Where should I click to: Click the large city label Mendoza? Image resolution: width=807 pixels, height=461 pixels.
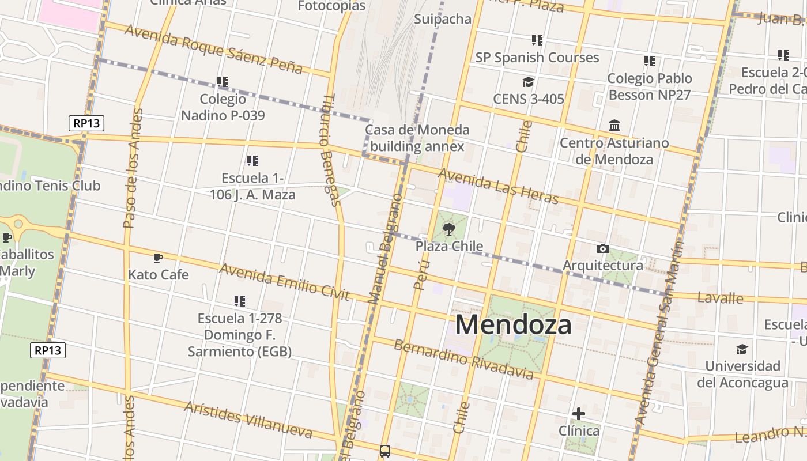pyautogui.click(x=513, y=324)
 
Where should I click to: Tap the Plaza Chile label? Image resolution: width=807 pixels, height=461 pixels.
pyautogui.click(x=449, y=246)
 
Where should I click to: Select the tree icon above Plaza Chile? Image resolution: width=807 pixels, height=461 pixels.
pyautogui.click(x=449, y=230)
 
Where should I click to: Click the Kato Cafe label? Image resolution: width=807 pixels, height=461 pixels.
pyautogui.click(x=159, y=274)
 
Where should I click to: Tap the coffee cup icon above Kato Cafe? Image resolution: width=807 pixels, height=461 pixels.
pyautogui.click(x=158, y=258)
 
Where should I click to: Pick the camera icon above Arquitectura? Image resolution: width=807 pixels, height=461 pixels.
pyautogui.click(x=602, y=248)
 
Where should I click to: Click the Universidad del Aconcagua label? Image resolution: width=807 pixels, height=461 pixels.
pyautogui.click(x=742, y=374)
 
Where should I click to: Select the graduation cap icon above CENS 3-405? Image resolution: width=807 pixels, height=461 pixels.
pyautogui.click(x=528, y=82)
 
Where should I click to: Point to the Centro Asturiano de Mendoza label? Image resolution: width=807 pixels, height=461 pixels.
pyautogui.click(x=614, y=151)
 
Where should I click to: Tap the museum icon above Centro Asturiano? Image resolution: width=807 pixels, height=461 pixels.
pyautogui.click(x=614, y=126)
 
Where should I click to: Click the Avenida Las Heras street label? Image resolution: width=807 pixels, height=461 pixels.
pyautogui.click(x=499, y=186)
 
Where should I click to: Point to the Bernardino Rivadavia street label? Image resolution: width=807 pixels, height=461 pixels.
pyautogui.click(x=464, y=359)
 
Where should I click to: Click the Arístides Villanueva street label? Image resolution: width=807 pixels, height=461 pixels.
pyautogui.click(x=248, y=419)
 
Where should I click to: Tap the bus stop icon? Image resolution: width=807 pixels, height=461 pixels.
pyautogui.click(x=385, y=451)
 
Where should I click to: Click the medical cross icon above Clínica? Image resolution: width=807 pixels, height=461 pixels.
pyautogui.click(x=579, y=414)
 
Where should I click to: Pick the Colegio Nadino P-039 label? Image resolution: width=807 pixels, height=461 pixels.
pyautogui.click(x=223, y=107)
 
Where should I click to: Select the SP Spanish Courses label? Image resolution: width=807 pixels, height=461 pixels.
pyautogui.click(x=537, y=58)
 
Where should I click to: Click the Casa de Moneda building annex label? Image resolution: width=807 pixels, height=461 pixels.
pyautogui.click(x=417, y=138)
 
